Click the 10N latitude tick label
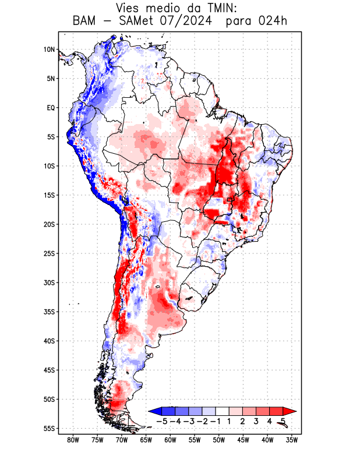point(49,50)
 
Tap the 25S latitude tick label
point(49,253)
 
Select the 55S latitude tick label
point(49,428)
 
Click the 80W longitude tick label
point(73,440)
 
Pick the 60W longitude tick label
point(170,440)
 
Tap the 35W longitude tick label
point(292,440)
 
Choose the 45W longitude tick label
point(243,440)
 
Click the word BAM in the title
point(86,22)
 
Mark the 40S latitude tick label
point(49,341)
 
